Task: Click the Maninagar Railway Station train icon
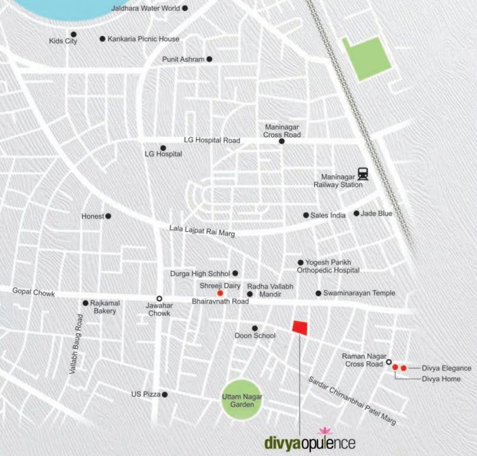tap(362, 173)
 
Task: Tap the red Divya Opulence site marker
tap(300, 328)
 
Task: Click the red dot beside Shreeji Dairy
tap(220, 293)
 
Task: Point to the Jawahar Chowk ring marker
tap(159, 298)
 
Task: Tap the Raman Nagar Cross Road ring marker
tap(389, 362)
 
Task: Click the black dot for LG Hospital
tap(163, 148)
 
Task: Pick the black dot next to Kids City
tap(74, 34)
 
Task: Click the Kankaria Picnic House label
tap(143, 39)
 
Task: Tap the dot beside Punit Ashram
tap(209, 59)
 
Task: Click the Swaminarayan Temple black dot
tap(319, 293)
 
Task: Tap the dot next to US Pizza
tap(164, 394)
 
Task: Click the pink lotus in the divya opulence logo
tap(324, 430)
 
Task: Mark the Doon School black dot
tap(255, 328)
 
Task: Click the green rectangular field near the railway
tap(368, 58)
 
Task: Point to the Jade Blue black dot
tap(357, 213)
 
